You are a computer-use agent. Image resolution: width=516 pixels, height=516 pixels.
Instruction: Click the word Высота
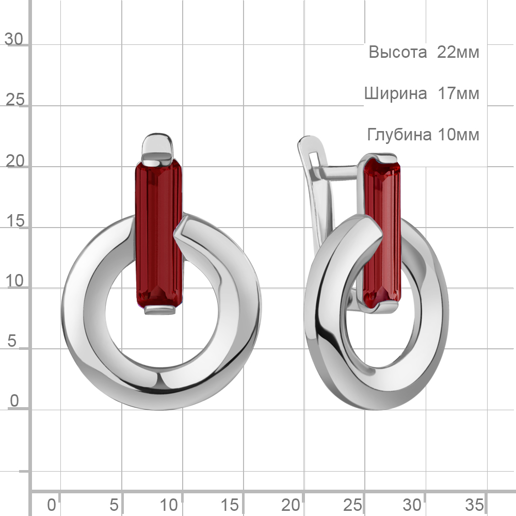(397, 52)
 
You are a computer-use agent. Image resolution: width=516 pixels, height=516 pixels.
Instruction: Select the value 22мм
(458, 52)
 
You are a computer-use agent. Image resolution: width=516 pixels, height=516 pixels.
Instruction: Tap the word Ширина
(396, 94)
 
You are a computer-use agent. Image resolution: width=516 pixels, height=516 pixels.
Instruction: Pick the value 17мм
(458, 93)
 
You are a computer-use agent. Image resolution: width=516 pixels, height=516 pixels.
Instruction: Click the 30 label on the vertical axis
(14, 39)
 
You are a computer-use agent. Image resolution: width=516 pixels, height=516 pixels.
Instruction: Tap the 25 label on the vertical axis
(15, 99)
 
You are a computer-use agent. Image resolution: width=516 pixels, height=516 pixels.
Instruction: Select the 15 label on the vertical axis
(15, 220)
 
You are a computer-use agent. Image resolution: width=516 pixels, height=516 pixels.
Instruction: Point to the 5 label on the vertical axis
(12, 341)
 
